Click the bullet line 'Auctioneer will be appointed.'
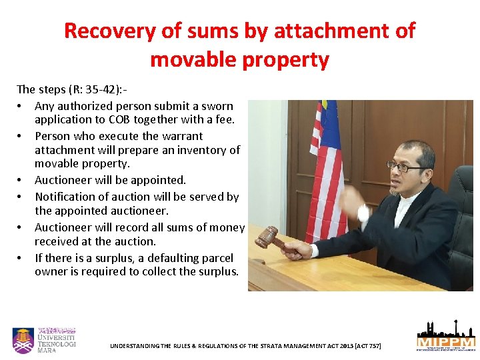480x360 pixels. [110, 180]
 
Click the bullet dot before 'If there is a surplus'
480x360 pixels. [21, 258]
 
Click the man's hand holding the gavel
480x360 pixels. [295, 249]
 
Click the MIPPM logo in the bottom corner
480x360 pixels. [445, 337]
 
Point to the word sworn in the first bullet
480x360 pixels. [217, 106]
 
